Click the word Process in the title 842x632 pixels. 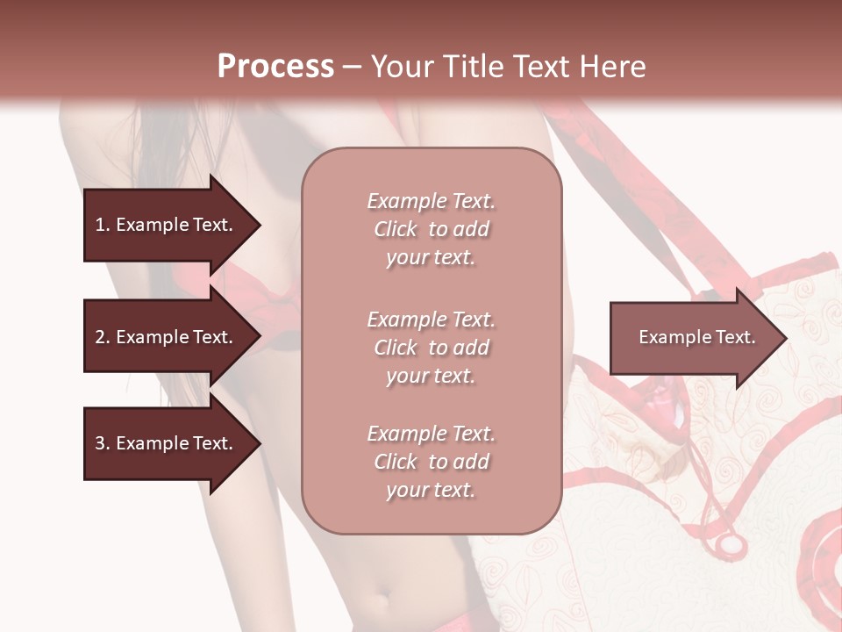(275, 67)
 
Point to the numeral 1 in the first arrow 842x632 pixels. (99, 225)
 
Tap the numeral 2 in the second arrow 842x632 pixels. (100, 337)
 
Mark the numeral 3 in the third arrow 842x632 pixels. (100, 443)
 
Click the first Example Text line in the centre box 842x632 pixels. (431, 201)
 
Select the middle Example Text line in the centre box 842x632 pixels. (431, 319)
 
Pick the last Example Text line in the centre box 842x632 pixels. (431, 434)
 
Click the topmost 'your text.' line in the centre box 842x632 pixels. (431, 257)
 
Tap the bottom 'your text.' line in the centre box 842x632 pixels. (431, 490)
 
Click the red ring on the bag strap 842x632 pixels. (729, 544)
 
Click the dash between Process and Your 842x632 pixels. (353, 67)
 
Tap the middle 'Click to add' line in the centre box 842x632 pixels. (431, 348)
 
